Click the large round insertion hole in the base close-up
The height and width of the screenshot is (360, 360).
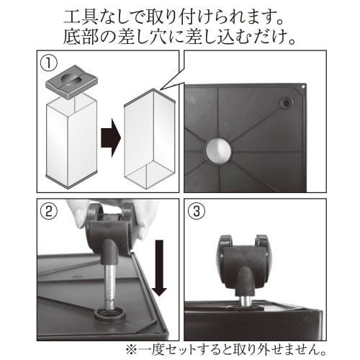click(217, 152)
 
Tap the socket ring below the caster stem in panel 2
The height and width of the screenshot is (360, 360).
click(109, 315)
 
